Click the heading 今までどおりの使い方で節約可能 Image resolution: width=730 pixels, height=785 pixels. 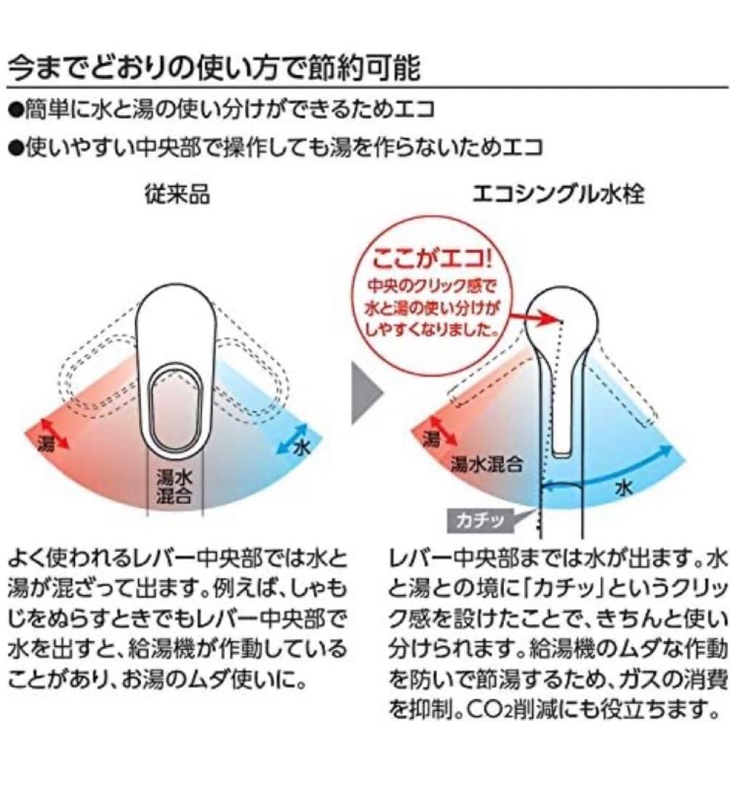[214, 68]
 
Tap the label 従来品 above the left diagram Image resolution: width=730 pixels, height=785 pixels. [177, 194]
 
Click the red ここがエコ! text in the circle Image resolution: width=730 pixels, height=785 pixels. [433, 259]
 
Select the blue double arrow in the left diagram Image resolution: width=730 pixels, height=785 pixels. [292, 438]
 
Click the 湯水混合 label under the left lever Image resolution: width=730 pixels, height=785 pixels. [175, 486]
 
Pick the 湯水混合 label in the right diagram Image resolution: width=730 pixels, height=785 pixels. [486, 464]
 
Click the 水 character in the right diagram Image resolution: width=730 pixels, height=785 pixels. [624, 487]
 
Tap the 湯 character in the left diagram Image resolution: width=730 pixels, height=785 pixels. [46, 444]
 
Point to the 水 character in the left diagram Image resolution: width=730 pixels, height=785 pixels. [302, 447]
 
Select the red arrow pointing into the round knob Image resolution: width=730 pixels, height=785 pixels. [533, 315]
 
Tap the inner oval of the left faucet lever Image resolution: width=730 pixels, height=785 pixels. [176, 408]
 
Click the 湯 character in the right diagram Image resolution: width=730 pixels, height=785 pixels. [431, 439]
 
